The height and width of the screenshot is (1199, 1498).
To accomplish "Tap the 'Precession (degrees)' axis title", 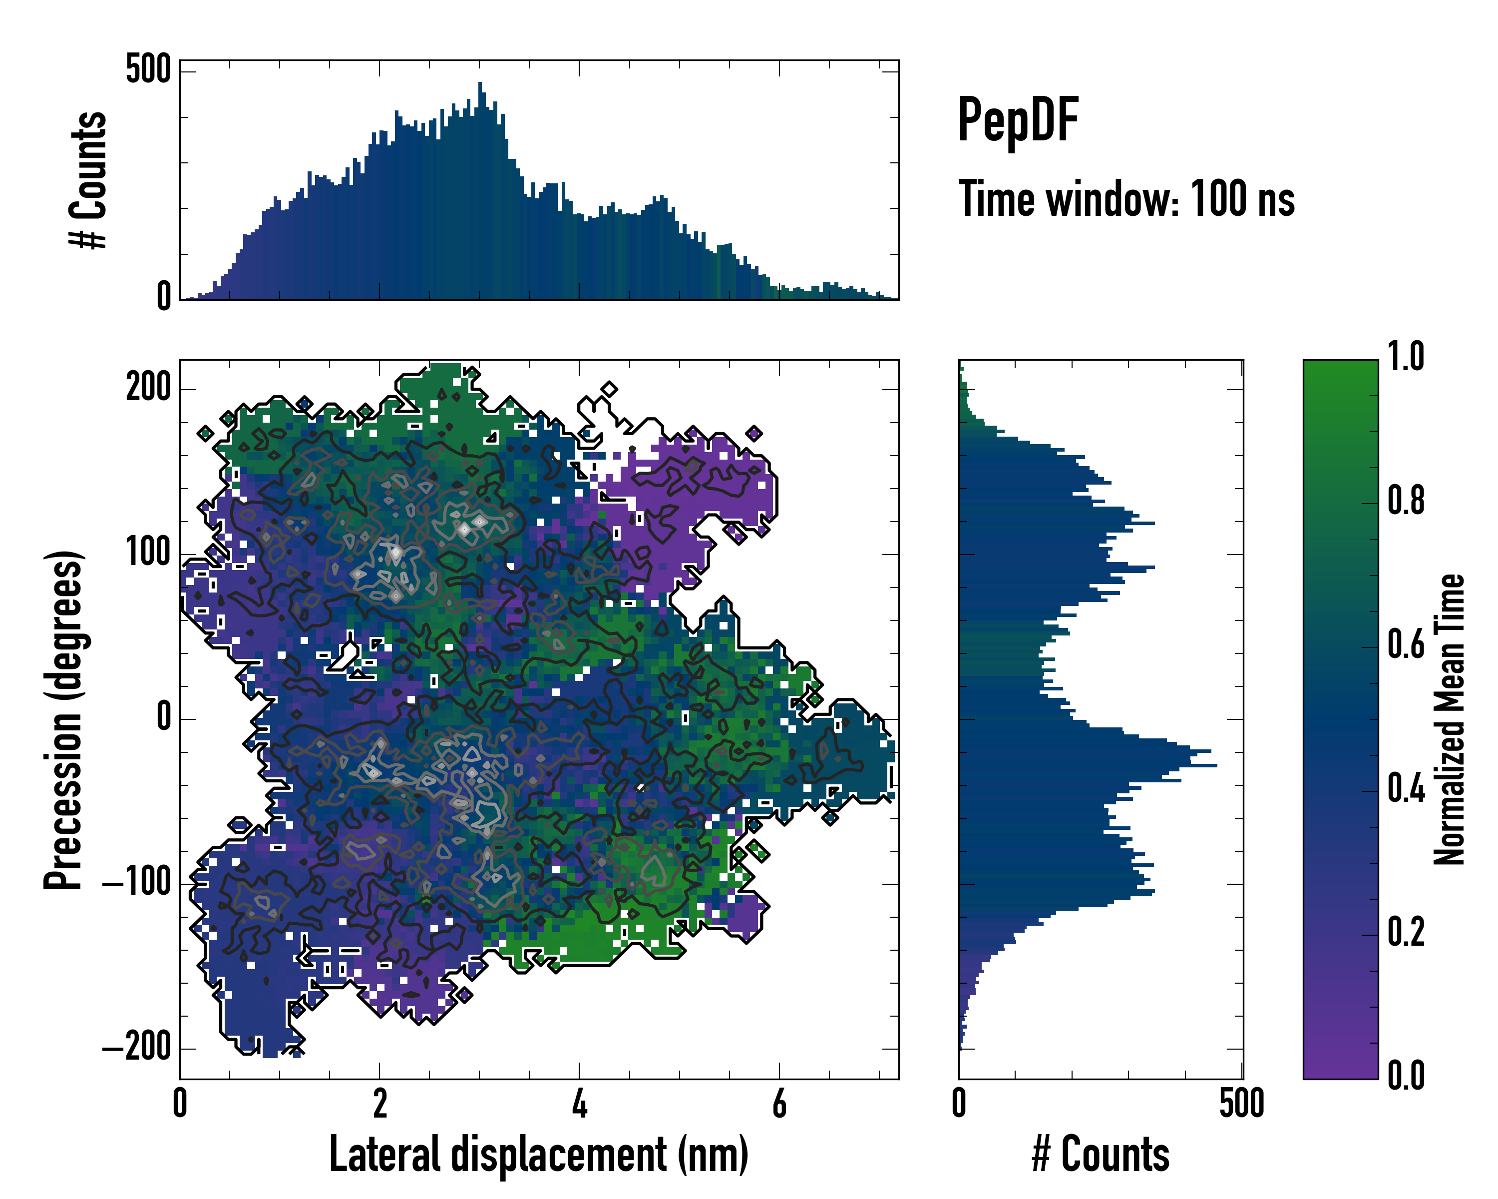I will [64, 719].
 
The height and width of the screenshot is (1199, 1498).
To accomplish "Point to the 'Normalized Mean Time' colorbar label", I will [1450, 719].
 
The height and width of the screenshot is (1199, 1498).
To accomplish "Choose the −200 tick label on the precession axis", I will [138, 1047].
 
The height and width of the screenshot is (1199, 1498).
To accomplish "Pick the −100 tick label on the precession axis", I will [138, 883].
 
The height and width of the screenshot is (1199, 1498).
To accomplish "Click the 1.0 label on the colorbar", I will [1406, 357].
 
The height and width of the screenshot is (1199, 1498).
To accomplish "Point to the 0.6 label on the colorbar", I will [1406, 644].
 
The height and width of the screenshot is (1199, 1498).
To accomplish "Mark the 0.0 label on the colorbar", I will [1406, 1075].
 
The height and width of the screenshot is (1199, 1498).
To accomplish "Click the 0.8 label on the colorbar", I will [1406, 501].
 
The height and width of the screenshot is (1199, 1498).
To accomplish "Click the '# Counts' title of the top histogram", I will [89, 179].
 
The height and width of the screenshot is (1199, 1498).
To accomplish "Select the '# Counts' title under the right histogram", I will [1101, 1155].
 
